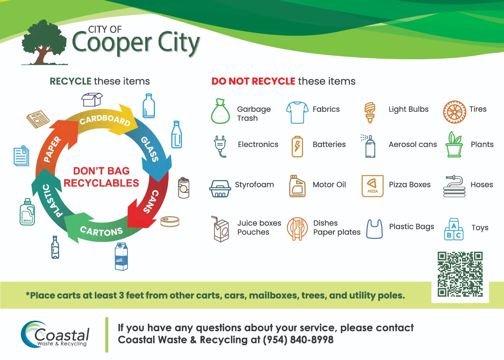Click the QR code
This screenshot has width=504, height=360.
(460, 274)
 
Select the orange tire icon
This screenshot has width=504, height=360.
(455, 112)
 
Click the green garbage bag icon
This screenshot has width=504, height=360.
(220, 111)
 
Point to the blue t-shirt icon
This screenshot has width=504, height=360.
(297, 112)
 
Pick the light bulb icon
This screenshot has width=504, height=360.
(370, 112)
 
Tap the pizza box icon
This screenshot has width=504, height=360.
(372, 186)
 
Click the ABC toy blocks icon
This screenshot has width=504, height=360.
(454, 229)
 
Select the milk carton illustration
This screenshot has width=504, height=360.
(121, 256)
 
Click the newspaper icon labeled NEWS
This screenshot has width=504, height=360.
(38, 119)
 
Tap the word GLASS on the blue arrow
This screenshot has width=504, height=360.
(150, 149)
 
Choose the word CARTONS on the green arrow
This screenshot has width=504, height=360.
(101, 231)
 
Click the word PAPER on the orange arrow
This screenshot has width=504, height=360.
(52, 149)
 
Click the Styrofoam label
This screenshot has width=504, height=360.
(255, 185)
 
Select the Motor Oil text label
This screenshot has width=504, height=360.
(329, 185)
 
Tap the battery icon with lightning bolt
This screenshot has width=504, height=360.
(297, 146)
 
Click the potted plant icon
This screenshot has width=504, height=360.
(454, 145)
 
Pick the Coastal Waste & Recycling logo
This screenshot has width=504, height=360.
(55, 334)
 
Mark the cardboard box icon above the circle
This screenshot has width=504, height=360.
(92, 100)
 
